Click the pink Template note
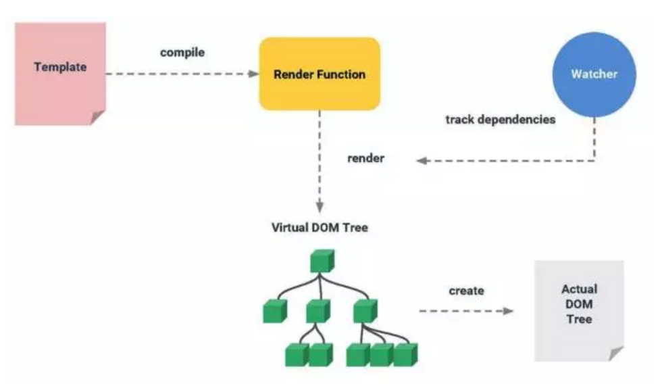point(60,74)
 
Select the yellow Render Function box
point(320,74)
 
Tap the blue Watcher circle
point(594,74)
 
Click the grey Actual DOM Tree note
point(579,311)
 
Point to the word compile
point(182,52)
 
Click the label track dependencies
point(501,120)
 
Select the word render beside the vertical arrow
point(365,158)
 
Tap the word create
point(466,291)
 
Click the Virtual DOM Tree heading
point(320,228)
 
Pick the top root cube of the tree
point(322,261)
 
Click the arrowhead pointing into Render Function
point(253,74)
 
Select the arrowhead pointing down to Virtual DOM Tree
point(320,207)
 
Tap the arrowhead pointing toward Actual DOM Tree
point(508,311)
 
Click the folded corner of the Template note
point(98,118)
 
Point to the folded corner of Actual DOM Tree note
point(616,354)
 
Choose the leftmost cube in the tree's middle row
point(275,311)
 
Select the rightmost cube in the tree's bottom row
point(405,355)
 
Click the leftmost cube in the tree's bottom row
point(297,355)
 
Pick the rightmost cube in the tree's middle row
point(365,311)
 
